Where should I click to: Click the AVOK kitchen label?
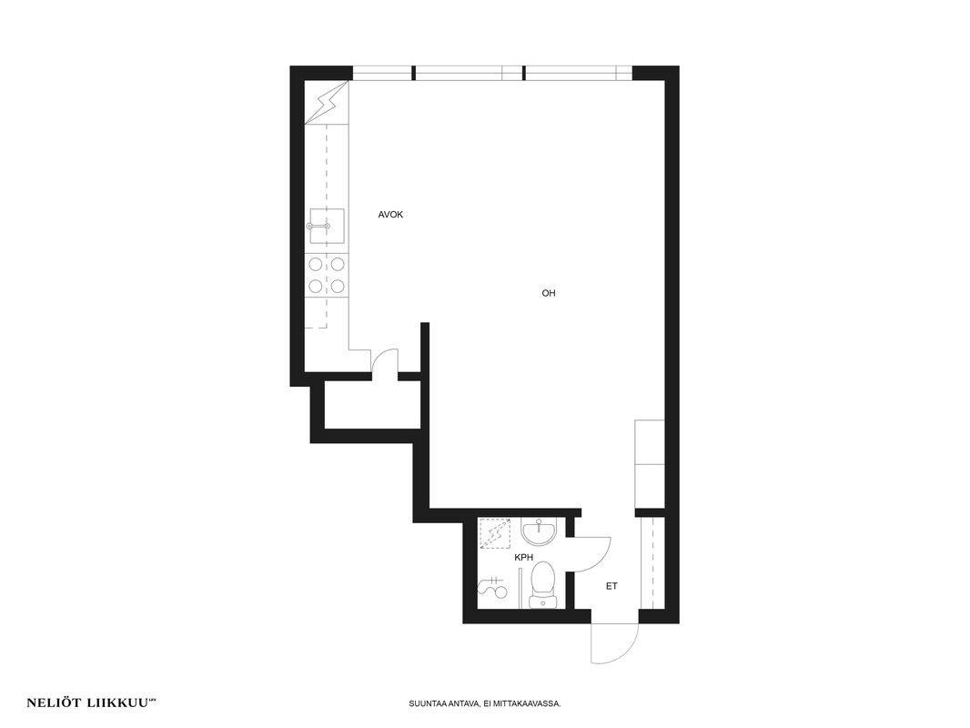pos(390,215)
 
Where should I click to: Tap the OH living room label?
pos(549,293)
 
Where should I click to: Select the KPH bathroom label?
pos(524,557)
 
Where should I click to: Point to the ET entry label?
pos(611,586)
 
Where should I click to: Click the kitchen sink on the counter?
pos(327,226)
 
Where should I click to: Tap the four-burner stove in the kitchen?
pos(327,275)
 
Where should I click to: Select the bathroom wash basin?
pos(540,532)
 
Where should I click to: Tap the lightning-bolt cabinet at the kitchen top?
pos(327,102)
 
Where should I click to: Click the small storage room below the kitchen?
pos(372,405)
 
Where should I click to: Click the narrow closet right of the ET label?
pos(652,563)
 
